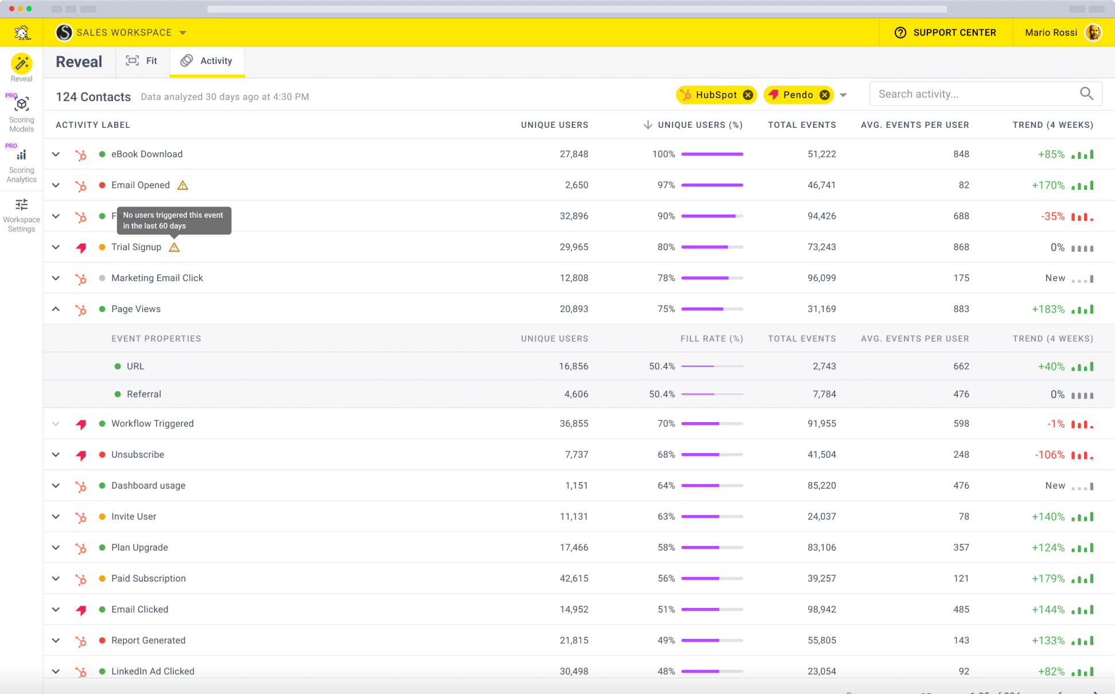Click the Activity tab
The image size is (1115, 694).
click(206, 61)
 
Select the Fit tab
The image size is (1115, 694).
click(142, 61)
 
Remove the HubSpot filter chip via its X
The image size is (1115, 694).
click(748, 95)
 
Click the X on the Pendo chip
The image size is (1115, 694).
click(824, 95)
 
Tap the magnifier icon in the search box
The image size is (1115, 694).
click(1086, 93)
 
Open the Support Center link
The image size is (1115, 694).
click(945, 33)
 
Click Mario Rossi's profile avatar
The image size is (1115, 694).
click(1093, 33)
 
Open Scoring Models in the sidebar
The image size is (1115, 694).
click(22, 114)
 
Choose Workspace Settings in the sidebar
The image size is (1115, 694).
click(22, 216)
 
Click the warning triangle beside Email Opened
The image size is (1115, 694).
click(182, 185)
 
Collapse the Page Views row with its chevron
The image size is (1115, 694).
click(56, 309)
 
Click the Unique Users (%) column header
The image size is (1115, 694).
click(700, 125)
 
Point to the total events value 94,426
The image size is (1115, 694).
click(821, 216)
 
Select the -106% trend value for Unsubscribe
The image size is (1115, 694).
click(1050, 455)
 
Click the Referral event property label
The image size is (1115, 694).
click(144, 394)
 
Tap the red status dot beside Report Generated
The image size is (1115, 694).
click(102, 641)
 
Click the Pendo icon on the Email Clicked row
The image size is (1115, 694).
click(81, 610)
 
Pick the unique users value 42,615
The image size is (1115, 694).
click(574, 579)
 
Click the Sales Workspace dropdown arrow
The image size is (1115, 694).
click(183, 33)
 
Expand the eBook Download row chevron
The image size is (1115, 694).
click(56, 154)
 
